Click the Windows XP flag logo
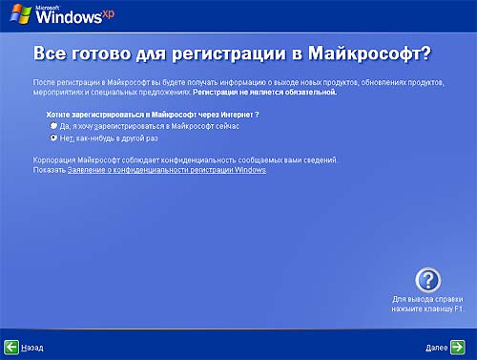pos(18,16)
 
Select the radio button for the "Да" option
pos(41,125)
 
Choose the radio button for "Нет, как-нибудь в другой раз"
pos(41,137)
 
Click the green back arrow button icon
pos(10,348)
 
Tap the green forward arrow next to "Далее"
pos(459,348)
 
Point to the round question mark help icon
pos(430,280)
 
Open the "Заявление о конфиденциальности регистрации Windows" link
pos(167,169)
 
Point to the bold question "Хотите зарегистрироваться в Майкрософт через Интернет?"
pos(139,114)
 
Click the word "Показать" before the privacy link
pos(49,169)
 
